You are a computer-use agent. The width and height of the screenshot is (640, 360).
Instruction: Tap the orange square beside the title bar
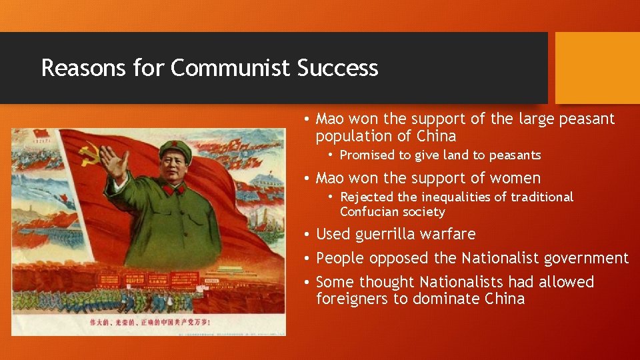tap(597, 68)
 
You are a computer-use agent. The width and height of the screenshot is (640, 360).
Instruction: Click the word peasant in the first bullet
tap(586, 119)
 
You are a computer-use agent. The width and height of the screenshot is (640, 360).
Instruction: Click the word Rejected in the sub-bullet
tap(366, 197)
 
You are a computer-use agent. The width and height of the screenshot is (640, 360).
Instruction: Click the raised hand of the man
tap(113, 160)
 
